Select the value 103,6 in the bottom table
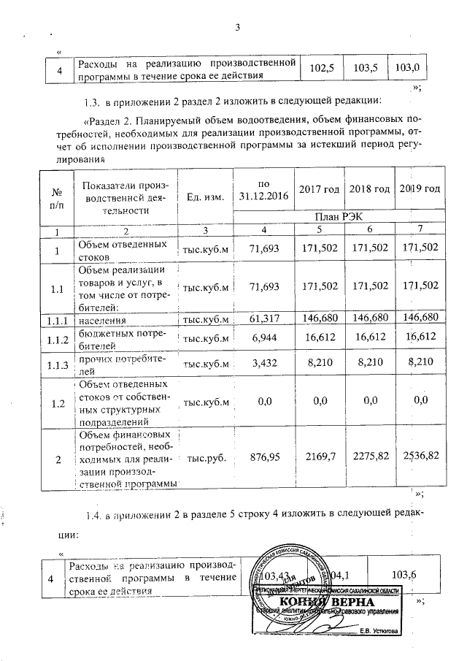click(x=403, y=575)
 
